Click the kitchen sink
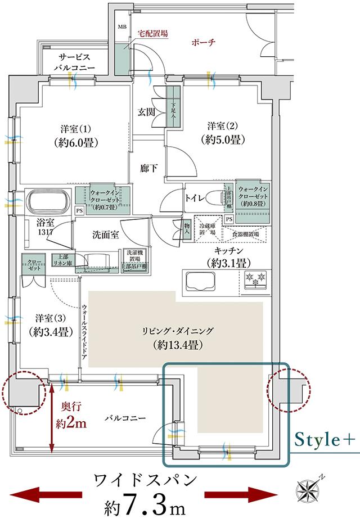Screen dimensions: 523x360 coord(201,280)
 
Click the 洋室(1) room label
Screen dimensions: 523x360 coord(77,134)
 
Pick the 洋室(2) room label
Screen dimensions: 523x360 coord(224,132)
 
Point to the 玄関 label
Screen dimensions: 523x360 coord(147,111)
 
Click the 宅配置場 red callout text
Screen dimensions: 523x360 coord(153,33)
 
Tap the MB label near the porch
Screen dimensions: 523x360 coord(121,26)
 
